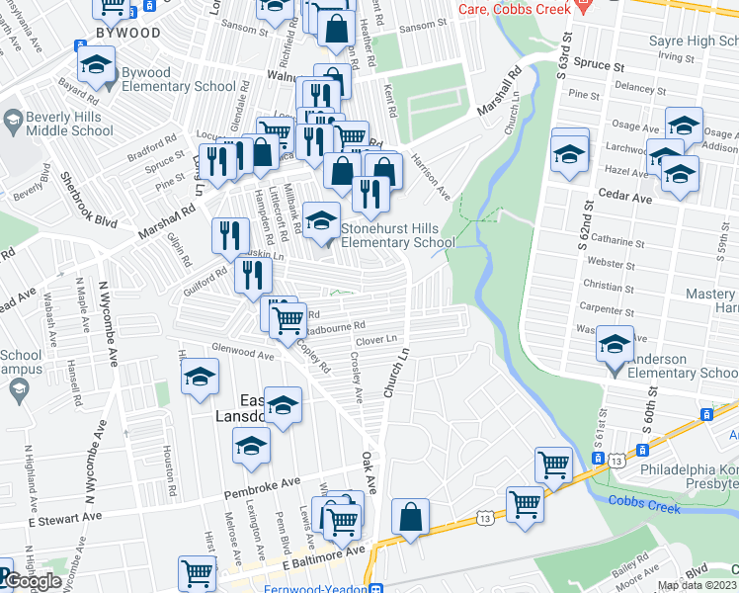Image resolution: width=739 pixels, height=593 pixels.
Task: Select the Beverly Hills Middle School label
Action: pos(58,123)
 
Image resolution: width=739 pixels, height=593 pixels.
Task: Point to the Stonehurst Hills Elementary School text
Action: pos(397,234)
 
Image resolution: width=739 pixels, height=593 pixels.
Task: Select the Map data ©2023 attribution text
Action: pos(697,585)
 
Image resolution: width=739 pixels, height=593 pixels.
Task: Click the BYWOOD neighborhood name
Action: pos(128,33)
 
